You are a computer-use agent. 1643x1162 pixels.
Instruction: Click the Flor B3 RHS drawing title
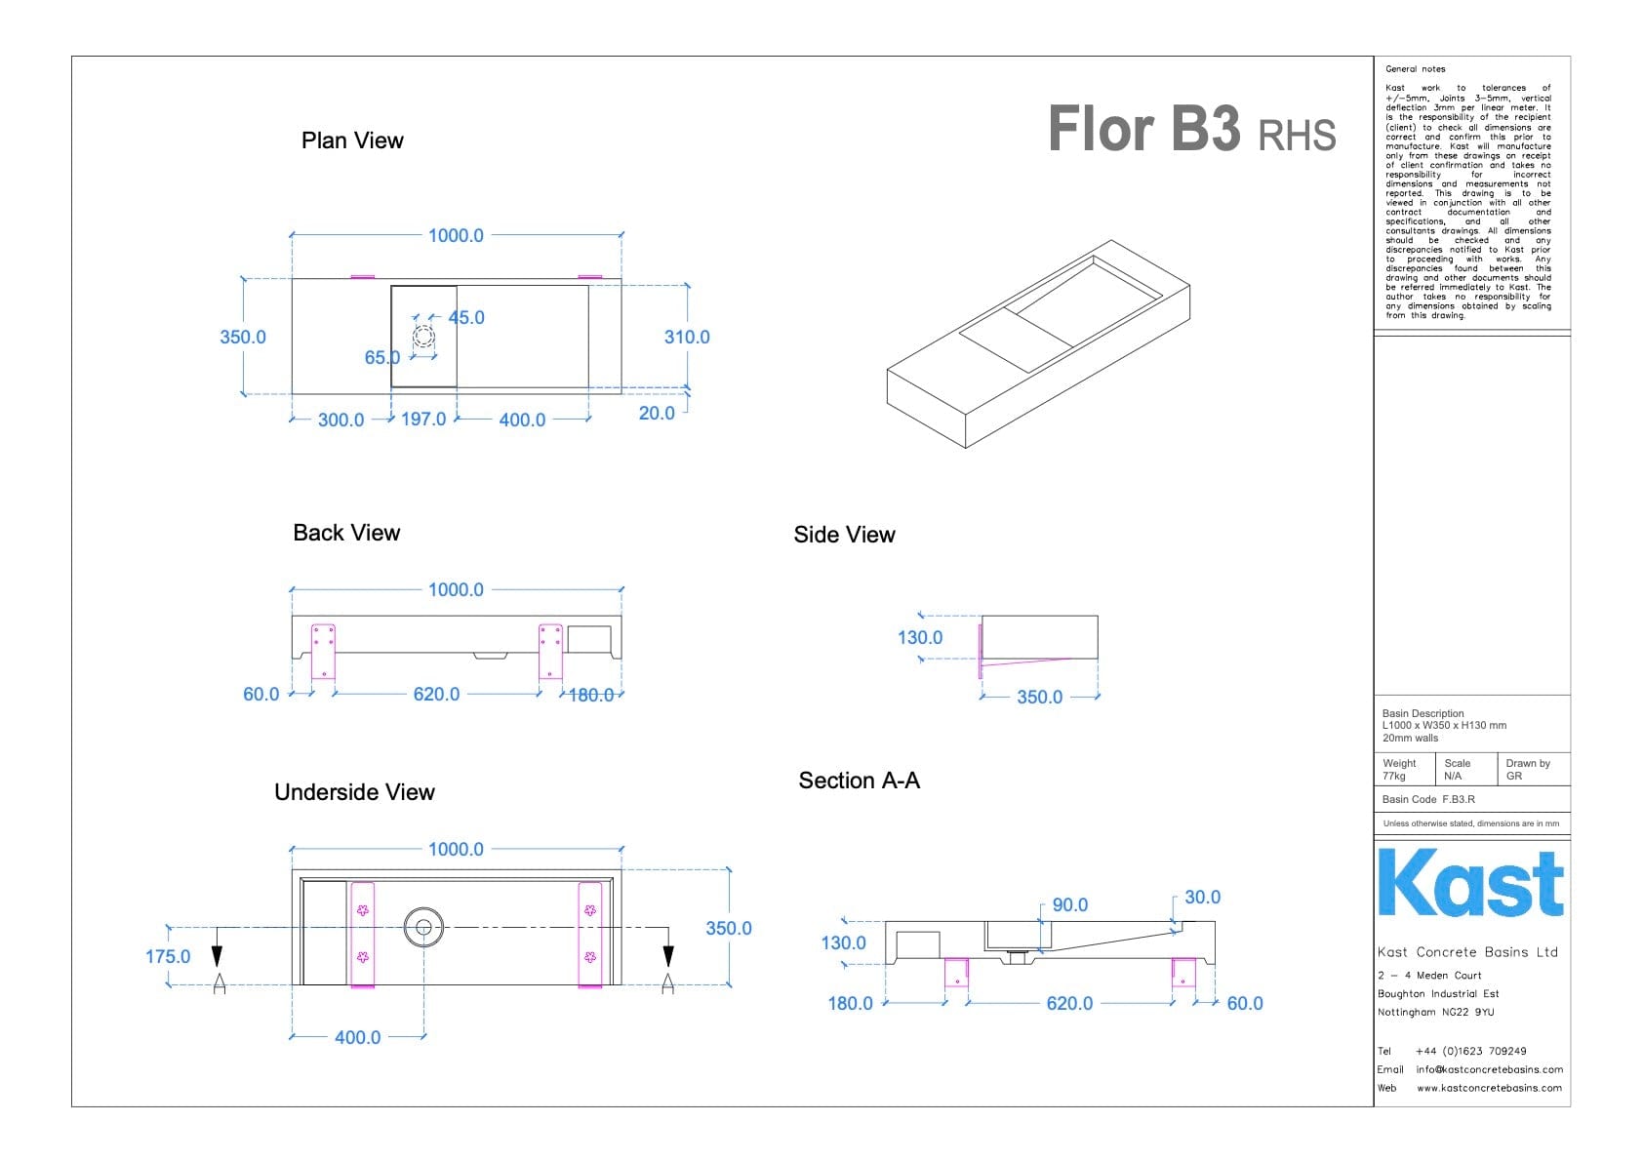point(1190,130)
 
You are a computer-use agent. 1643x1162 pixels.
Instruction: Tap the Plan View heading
point(352,140)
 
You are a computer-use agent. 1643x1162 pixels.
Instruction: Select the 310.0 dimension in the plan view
point(687,337)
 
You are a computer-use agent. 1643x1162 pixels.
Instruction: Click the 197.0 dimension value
point(423,420)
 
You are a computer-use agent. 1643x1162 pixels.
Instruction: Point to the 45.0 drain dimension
point(466,317)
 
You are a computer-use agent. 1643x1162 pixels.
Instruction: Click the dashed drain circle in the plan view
point(423,338)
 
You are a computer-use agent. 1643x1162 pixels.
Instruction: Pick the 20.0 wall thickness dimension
point(657,413)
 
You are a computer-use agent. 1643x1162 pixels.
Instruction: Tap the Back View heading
point(346,533)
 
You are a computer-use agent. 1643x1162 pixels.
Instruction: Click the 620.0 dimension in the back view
point(436,694)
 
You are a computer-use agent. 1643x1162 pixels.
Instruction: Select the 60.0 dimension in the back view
point(260,694)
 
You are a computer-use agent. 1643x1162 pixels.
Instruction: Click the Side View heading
point(844,535)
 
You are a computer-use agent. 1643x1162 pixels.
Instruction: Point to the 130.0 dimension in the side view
point(919,637)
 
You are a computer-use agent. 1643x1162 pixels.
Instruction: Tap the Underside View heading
point(354,792)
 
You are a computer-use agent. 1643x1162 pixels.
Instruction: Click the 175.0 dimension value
point(168,956)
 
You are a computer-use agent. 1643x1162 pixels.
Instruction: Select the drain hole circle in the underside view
point(423,927)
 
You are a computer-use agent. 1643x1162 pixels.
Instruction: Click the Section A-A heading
point(859,781)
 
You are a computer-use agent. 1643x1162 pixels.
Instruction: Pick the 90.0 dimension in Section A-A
point(1069,904)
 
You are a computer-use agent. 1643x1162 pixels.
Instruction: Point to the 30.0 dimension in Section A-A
point(1202,897)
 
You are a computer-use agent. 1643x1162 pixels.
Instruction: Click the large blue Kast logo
point(1470,884)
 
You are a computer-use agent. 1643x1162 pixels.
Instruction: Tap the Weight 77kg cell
point(1402,770)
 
